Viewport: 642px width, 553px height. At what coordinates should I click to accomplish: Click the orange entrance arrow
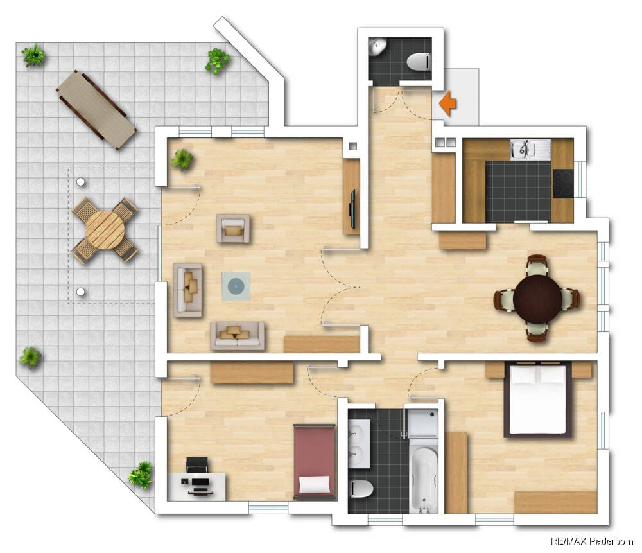[x=447, y=103]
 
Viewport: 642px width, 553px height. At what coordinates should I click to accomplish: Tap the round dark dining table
[x=537, y=299]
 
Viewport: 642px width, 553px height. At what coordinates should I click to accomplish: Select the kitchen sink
[x=530, y=149]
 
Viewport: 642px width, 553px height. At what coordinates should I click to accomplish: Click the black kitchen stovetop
[x=564, y=184]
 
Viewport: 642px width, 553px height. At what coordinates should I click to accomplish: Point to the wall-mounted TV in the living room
[x=352, y=209]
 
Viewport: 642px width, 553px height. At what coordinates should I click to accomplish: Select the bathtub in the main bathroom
[x=424, y=475]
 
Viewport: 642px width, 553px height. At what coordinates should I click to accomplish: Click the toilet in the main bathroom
[x=361, y=489]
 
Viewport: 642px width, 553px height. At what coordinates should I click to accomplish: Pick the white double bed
[x=537, y=399]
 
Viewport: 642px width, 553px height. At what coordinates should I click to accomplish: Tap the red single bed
[x=315, y=462]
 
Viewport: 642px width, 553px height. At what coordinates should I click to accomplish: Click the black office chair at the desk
[x=196, y=465]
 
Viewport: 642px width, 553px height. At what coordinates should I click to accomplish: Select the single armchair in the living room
[x=233, y=229]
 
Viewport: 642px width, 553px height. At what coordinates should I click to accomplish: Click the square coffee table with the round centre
[x=236, y=286]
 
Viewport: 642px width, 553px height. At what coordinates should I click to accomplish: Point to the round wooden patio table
[x=105, y=230]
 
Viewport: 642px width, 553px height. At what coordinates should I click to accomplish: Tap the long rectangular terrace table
[x=97, y=110]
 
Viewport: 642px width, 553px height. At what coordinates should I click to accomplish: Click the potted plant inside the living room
[x=182, y=159]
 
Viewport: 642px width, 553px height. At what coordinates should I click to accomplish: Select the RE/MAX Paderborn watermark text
[x=592, y=541]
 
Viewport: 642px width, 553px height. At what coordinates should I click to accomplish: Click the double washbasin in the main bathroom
[x=359, y=444]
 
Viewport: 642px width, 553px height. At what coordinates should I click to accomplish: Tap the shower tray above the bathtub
[x=423, y=423]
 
